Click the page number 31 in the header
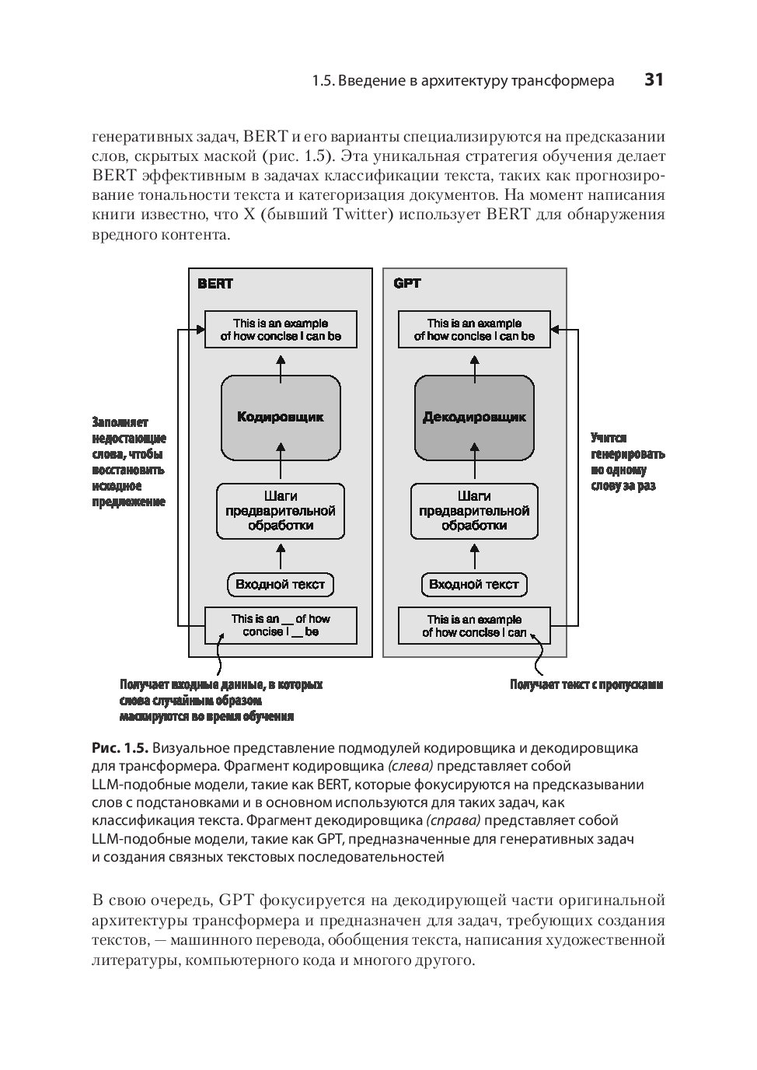(x=654, y=80)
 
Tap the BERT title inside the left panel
(x=215, y=284)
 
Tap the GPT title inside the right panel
(x=407, y=284)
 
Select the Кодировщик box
(x=281, y=418)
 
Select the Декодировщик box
(x=474, y=418)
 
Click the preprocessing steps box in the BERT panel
(x=281, y=511)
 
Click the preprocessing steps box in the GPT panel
(x=474, y=511)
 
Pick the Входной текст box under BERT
(x=281, y=585)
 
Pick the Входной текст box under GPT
(x=474, y=585)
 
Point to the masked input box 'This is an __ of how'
(x=281, y=625)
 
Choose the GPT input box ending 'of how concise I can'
(x=474, y=626)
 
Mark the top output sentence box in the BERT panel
(x=281, y=330)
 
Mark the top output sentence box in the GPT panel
(x=474, y=330)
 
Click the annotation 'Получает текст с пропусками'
(x=586, y=685)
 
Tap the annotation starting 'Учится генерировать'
(x=627, y=462)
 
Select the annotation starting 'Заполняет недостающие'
(x=129, y=462)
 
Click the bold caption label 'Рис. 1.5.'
(x=120, y=748)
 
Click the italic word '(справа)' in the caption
(x=454, y=820)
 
